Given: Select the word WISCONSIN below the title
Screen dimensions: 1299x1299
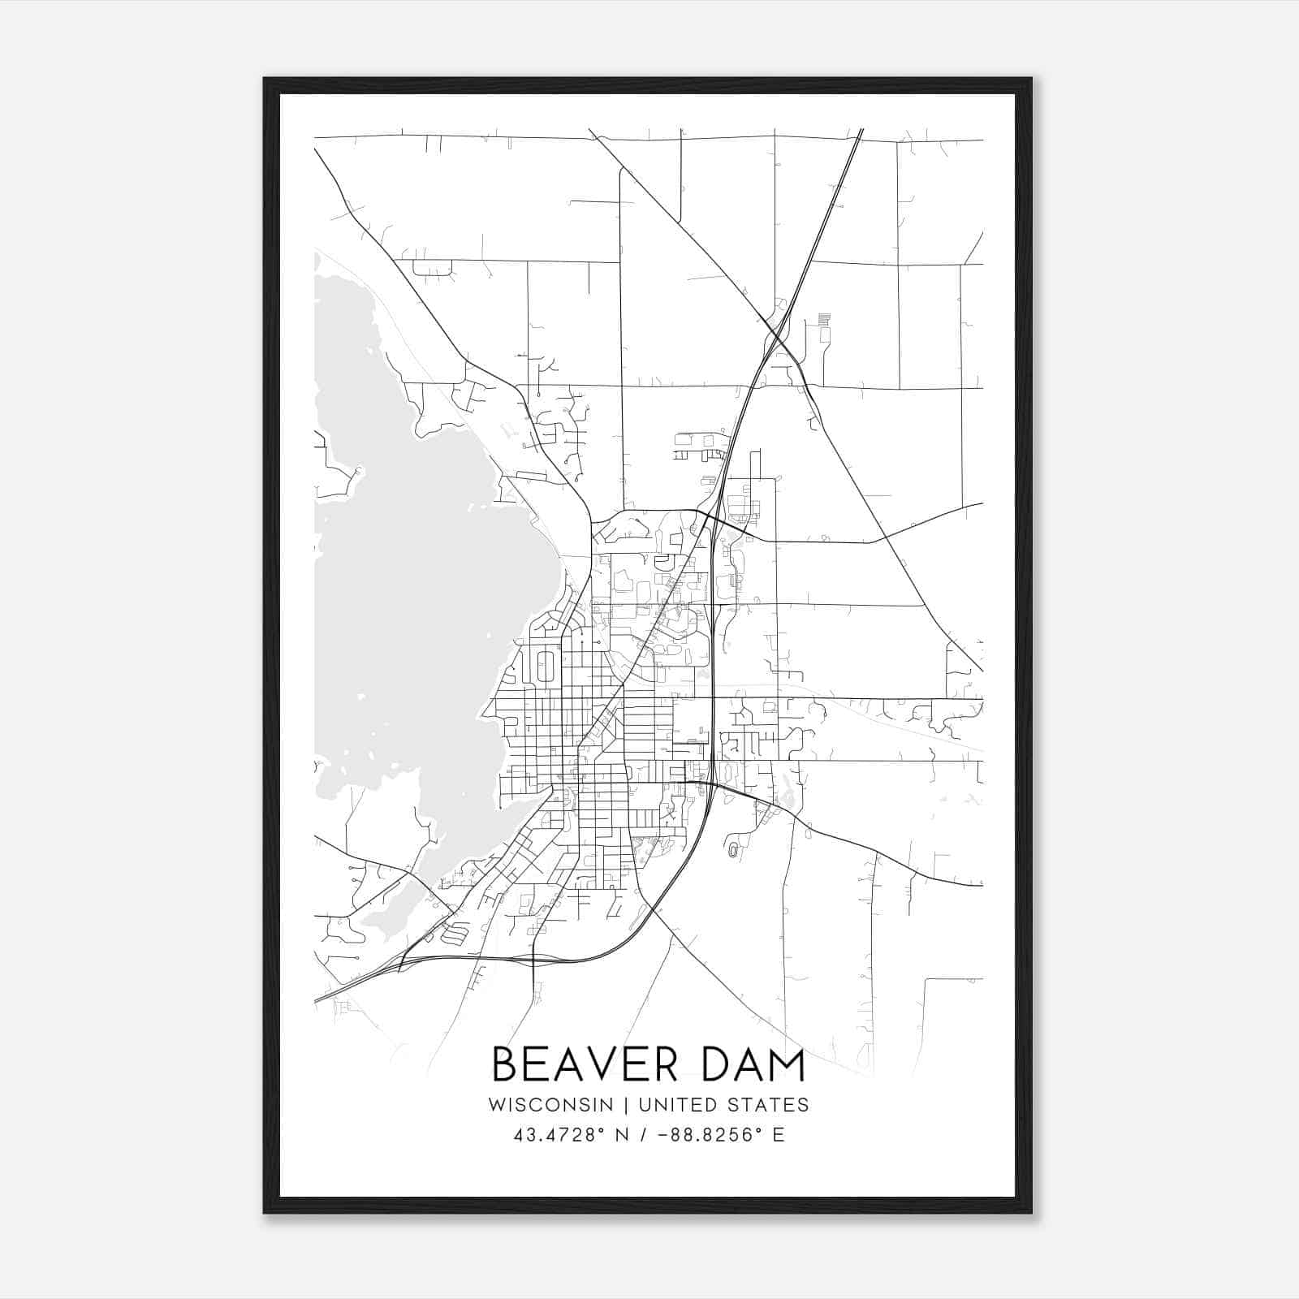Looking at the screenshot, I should click(550, 1105).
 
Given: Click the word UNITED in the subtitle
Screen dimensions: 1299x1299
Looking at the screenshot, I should click(679, 1105).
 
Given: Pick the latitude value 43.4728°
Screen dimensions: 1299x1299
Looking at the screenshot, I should click(560, 1135).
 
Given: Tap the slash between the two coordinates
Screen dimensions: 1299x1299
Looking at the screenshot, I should click(644, 1135).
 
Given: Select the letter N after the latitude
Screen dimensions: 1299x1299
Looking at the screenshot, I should click(624, 1135).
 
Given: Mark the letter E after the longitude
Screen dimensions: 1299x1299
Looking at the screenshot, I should click(779, 1135).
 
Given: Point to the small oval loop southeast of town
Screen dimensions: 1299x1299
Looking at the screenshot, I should click(734, 849).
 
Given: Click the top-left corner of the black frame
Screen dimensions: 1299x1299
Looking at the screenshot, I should click(265, 80).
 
